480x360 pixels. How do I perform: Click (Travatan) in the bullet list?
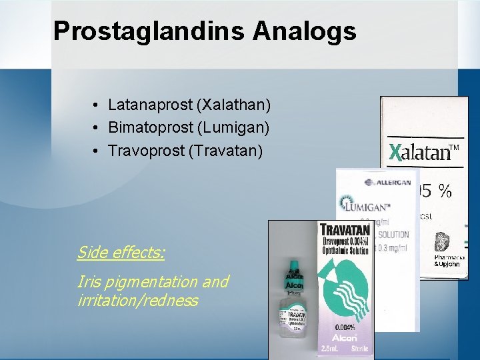226,151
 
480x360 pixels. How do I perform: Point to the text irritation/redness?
137,301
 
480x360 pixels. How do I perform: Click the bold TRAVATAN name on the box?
346,232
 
